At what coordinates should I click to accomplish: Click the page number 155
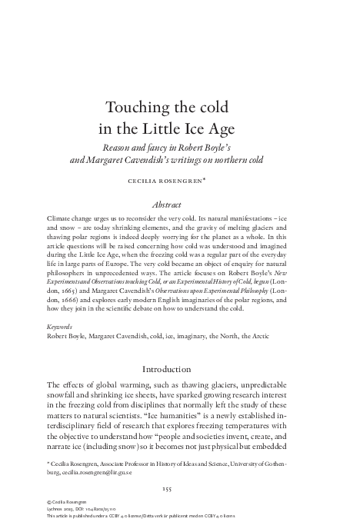tap(180, 489)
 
